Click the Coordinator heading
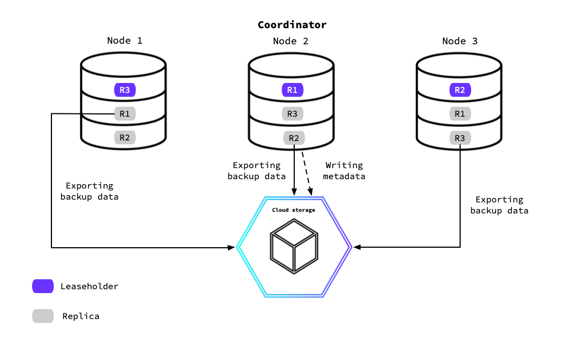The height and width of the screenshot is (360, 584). (x=292, y=25)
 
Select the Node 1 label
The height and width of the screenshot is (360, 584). (x=124, y=41)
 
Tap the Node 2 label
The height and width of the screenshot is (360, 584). (x=290, y=41)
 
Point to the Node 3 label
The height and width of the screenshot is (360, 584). (x=460, y=41)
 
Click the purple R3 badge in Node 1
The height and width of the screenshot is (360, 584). (x=124, y=90)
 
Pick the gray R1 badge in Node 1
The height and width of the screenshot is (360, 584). (x=124, y=114)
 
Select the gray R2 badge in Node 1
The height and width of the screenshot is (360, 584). (x=124, y=137)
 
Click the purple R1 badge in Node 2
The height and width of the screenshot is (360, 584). (x=292, y=90)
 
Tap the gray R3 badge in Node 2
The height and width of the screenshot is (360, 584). (x=292, y=114)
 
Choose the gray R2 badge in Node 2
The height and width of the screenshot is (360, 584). (x=294, y=138)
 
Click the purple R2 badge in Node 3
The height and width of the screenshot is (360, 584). (x=460, y=90)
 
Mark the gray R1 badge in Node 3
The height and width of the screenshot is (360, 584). (x=460, y=114)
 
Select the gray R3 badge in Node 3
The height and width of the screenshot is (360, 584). (x=460, y=138)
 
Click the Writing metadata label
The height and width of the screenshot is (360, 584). (x=344, y=171)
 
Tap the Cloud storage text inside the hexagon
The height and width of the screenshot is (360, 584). (x=293, y=210)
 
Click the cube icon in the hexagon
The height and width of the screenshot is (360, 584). (x=294, y=246)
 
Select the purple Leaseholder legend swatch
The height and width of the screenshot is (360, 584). (x=43, y=286)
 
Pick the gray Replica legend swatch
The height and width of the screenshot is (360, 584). (x=43, y=316)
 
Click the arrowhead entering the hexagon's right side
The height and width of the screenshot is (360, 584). (x=357, y=247)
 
